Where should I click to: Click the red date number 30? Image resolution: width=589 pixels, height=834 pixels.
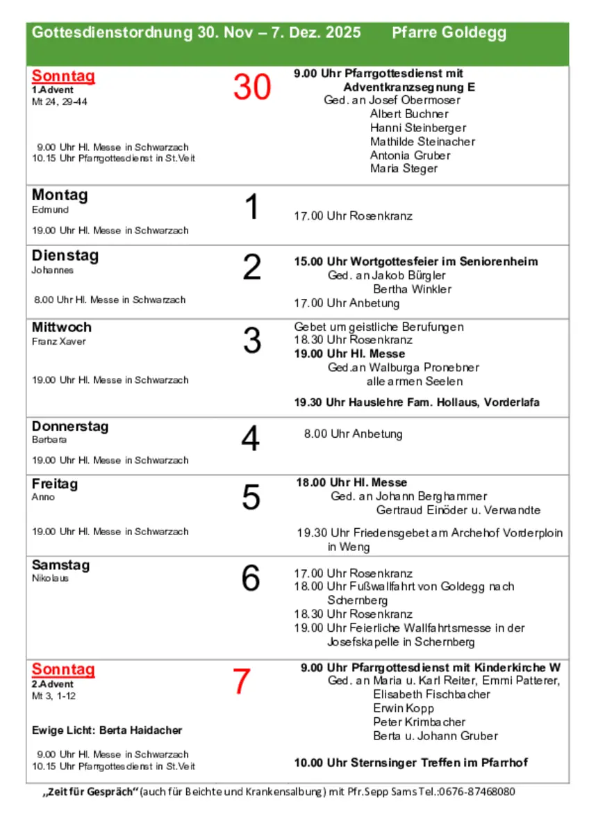coord(251,88)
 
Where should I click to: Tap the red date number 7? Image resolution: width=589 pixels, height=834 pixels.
coord(240,682)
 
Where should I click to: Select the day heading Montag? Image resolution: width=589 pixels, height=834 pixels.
coord(60,195)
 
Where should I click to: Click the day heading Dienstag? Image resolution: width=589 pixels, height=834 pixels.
coord(65,255)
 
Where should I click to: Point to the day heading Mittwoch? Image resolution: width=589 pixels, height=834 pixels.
coord(62,327)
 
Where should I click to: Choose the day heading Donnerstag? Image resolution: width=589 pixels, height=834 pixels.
coord(70,426)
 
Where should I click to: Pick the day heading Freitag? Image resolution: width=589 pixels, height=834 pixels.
coord(55,483)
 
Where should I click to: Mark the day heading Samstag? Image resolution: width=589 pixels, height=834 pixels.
coord(61,565)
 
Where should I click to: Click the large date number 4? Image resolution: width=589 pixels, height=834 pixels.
coord(250,439)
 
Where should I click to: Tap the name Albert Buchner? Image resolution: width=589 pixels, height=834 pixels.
coord(409,114)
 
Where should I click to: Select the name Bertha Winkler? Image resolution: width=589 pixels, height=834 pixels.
coord(412,289)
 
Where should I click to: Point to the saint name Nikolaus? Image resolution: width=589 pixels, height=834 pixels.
coord(50,578)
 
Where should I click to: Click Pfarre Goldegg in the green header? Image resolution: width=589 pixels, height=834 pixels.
coord(449,33)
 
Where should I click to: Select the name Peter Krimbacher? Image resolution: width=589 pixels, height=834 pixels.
coord(419,722)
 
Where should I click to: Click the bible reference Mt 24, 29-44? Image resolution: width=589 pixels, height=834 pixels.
coord(60,101)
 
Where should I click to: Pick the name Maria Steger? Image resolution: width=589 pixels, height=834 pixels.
coord(404,169)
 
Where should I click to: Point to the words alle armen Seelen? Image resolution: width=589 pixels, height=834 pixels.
coord(414,382)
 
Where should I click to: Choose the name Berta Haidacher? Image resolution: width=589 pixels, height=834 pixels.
coord(140,730)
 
